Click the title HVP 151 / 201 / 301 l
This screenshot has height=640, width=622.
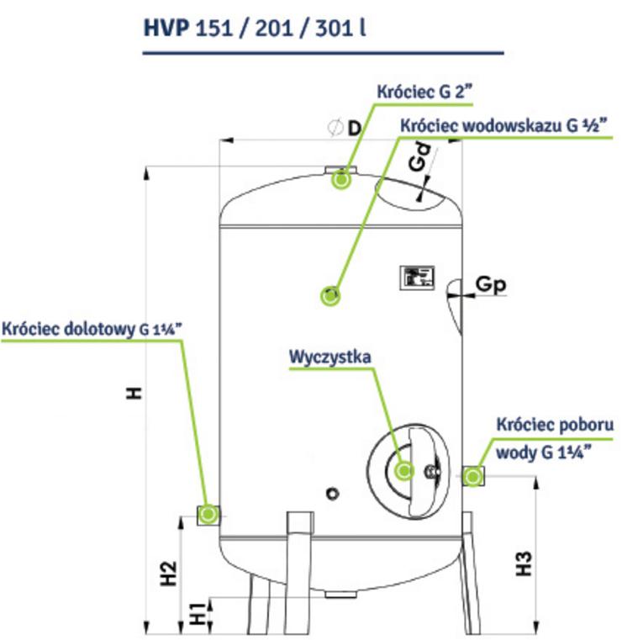click(255, 27)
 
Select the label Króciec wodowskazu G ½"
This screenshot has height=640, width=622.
click(503, 127)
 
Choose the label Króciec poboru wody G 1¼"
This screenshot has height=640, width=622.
click(555, 438)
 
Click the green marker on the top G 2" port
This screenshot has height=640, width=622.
click(341, 179)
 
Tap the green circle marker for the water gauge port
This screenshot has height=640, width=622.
click(330, 294)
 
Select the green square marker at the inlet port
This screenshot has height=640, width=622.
click(208, 513)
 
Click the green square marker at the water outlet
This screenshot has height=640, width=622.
click(474, 477)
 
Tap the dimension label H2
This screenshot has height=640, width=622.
click(169, 574)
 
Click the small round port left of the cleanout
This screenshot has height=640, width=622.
click(335, 491)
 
